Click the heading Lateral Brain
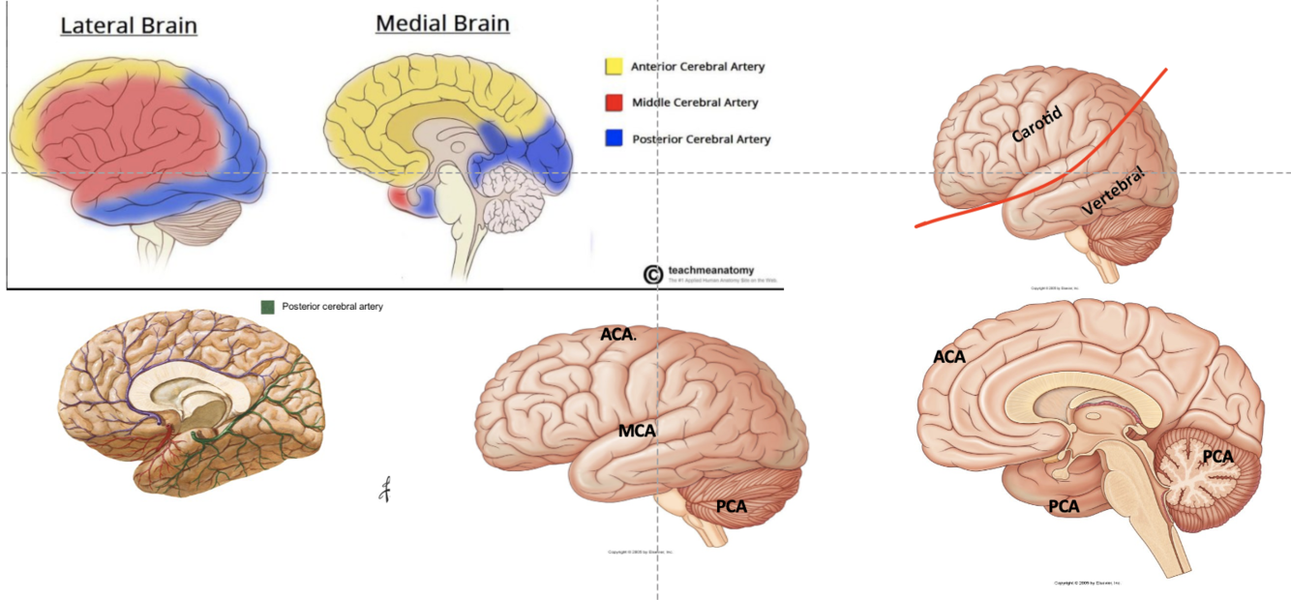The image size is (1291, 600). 129,25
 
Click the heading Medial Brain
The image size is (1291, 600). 443,23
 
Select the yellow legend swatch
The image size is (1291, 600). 613,67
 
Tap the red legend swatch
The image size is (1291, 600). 613,103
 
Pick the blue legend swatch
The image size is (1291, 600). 613,138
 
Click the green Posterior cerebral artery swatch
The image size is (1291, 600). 268,307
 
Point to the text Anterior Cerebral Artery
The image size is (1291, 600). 698,67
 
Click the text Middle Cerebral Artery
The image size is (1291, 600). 695,103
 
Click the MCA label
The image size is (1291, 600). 639,430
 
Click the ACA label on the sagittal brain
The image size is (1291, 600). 949,357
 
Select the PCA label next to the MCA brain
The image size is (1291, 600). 733,505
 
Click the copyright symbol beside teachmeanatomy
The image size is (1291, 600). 653,275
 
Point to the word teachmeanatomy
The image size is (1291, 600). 711,270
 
